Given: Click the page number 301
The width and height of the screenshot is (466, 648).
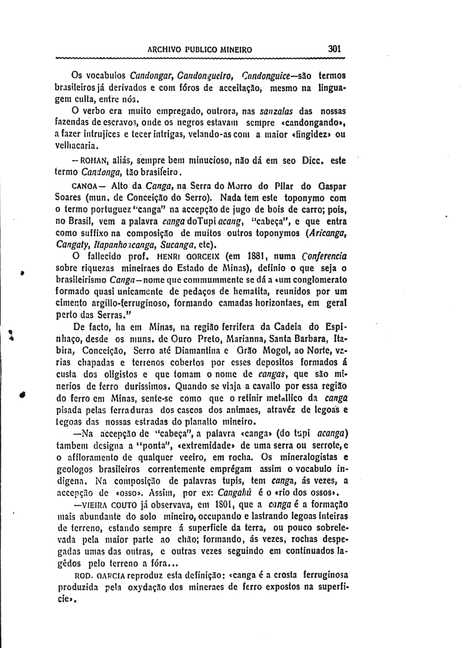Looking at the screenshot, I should coord(334,49).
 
